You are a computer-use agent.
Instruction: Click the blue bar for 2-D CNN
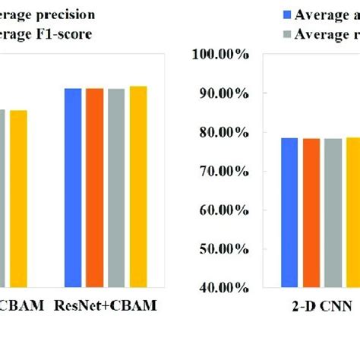click(x=289, y=213)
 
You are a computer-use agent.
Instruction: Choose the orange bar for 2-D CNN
click(x=311, y=213)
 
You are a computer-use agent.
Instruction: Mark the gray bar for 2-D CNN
click(x=333, y=213)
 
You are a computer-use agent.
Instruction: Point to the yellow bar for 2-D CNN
click(x=352, y=213)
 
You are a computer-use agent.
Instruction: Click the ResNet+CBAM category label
click(x=105, y=306)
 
